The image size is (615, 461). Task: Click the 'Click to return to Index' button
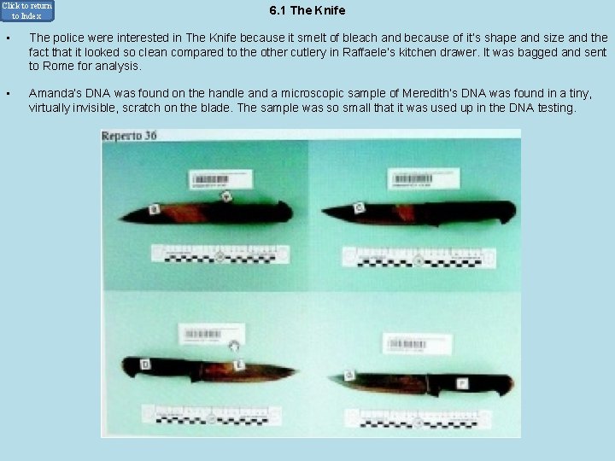coord(26,10)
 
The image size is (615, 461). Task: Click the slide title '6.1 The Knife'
coord(307,11)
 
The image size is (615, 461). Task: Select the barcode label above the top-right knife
coord(423,178)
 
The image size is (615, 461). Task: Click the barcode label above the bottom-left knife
coord(202,334)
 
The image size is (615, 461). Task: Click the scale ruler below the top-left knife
coord(220,254)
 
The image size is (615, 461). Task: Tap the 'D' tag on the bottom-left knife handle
coord(145,365)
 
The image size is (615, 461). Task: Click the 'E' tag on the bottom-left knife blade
coord(238,366)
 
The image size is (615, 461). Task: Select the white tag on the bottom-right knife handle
coord(461,383)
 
